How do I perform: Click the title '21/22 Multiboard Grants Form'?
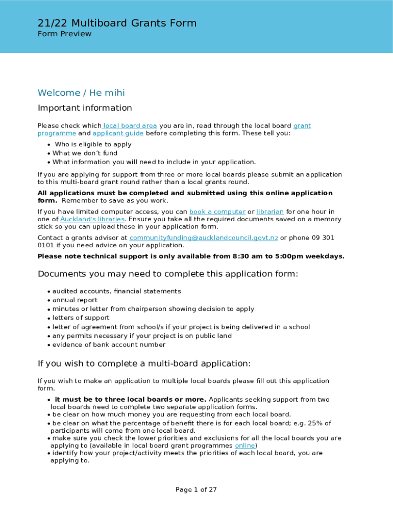117,23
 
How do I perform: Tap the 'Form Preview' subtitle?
64,34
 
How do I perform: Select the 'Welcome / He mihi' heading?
81,93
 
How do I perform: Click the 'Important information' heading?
85,108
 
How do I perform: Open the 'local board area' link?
130,126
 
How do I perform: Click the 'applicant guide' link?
118,134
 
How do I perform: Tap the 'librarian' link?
269,212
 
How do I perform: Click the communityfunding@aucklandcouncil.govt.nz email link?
204,238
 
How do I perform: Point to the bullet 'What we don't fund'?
85,153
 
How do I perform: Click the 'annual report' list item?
75,300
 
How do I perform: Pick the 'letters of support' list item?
81,318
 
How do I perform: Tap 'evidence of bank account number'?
109,345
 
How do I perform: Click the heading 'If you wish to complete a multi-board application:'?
144,364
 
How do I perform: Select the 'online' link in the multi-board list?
244,446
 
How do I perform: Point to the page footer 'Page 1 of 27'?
196,490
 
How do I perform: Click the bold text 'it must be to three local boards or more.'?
130,400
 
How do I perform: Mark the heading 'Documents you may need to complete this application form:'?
167,274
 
